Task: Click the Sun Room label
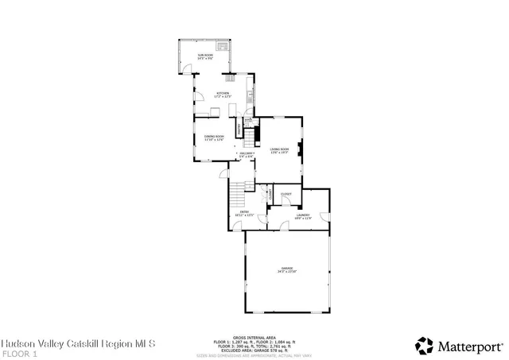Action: [206, 55]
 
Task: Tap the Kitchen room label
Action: [223, 95]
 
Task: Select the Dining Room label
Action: [213, 137]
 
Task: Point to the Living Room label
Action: [278, 150]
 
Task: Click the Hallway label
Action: [246, 154]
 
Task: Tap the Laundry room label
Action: [302, 216]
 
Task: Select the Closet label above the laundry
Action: [286, 194]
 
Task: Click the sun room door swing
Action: [189, 70]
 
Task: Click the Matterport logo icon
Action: [423, 344]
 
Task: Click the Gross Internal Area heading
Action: [254, 336]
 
